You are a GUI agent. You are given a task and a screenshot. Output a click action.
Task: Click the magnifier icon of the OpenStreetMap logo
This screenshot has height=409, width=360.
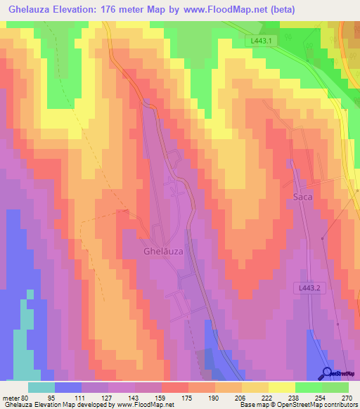click(327, 374)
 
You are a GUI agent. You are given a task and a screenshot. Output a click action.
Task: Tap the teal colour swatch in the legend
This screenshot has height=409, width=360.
click(41, 387)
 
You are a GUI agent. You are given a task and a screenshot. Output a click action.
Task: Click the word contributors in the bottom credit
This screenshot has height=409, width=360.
click(337, 405)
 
